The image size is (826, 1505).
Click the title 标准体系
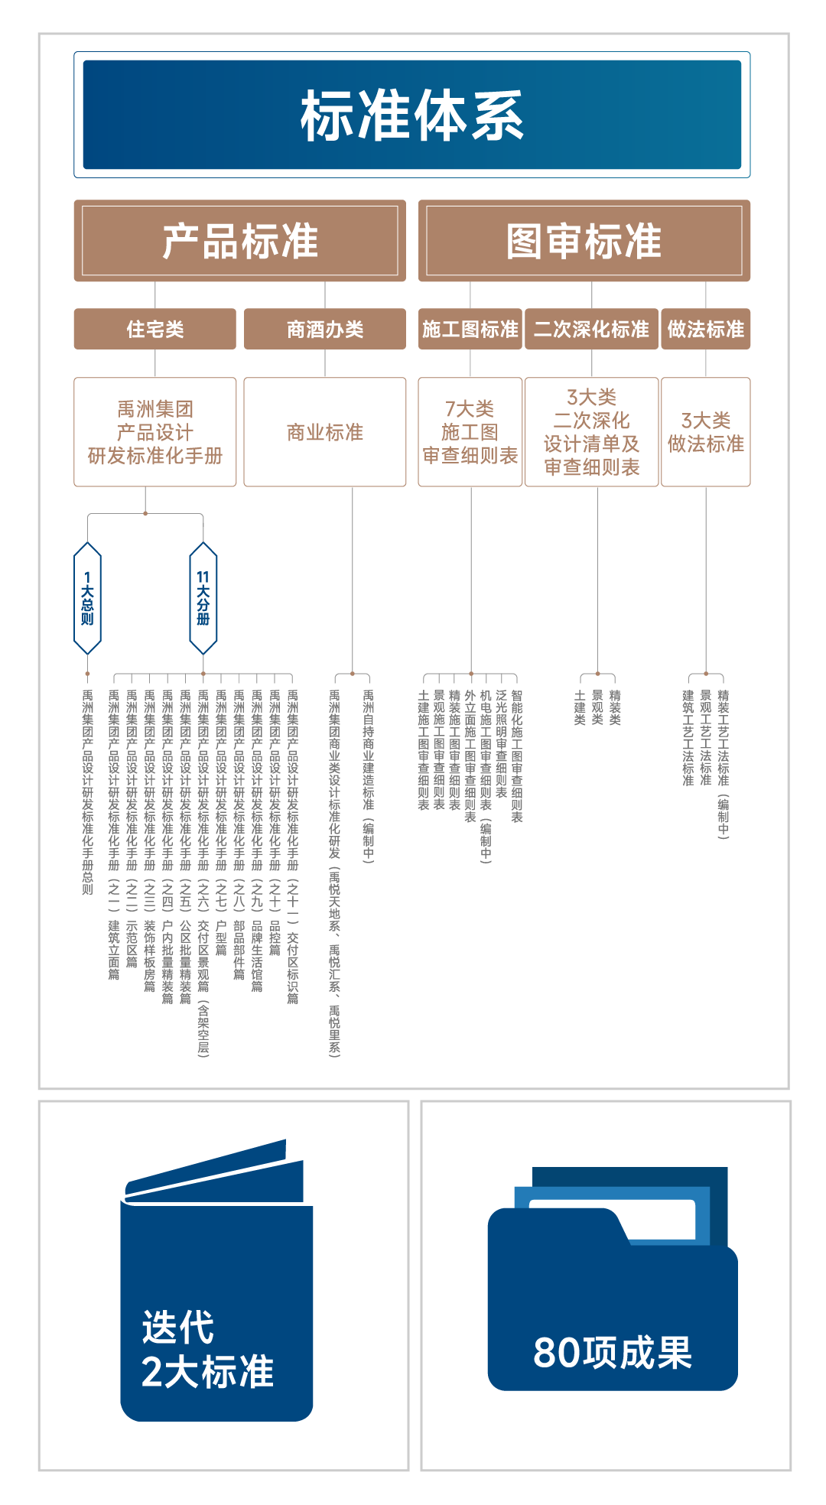(x=412, y=115)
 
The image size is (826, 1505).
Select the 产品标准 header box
(x=239, y=241)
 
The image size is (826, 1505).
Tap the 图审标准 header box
(x=584, y=241)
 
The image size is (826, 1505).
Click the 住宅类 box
(x=154, y=329)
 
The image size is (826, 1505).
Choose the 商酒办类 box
(x=324, y=329)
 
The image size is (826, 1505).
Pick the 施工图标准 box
(x=470, y=329)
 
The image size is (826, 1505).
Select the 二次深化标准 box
(x=591, y=329)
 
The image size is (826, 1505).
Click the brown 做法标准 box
(x=705, y=329)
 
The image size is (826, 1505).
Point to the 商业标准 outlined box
(x=324, y=432)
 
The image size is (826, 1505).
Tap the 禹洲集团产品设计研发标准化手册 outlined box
(x=154, y=432)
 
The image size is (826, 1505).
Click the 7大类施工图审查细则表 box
(x=470, y=432)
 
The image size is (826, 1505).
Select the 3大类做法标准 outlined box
(x=705, y=432)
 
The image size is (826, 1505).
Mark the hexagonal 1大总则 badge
(x=87, y=598)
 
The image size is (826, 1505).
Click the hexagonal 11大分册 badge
(x=203, y=598)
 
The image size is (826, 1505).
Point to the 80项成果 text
(x=612, y=1352)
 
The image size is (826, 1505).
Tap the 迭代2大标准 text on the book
(x=206, y=1349)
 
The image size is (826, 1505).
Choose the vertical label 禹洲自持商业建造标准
(x=368, y=776)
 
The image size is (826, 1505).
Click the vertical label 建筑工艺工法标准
(x=688, y=738)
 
